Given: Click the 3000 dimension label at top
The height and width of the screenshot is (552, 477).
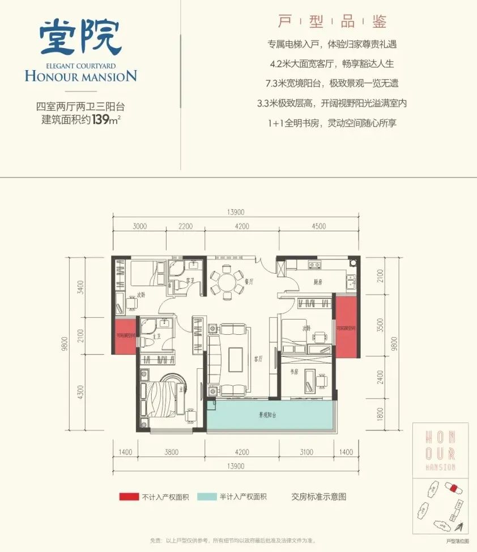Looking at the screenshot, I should (x=140, y=227).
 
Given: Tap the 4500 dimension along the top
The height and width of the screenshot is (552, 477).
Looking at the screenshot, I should (x=318, y=227).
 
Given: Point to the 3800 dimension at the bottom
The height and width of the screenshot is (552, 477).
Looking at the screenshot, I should (x=172, y=452).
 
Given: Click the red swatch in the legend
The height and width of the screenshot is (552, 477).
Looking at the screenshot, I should (x=129, y=497).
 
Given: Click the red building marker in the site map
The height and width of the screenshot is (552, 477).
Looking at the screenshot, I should (x=453, y=488).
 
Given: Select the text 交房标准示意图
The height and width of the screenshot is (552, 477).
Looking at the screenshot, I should (x=318, y=497).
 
